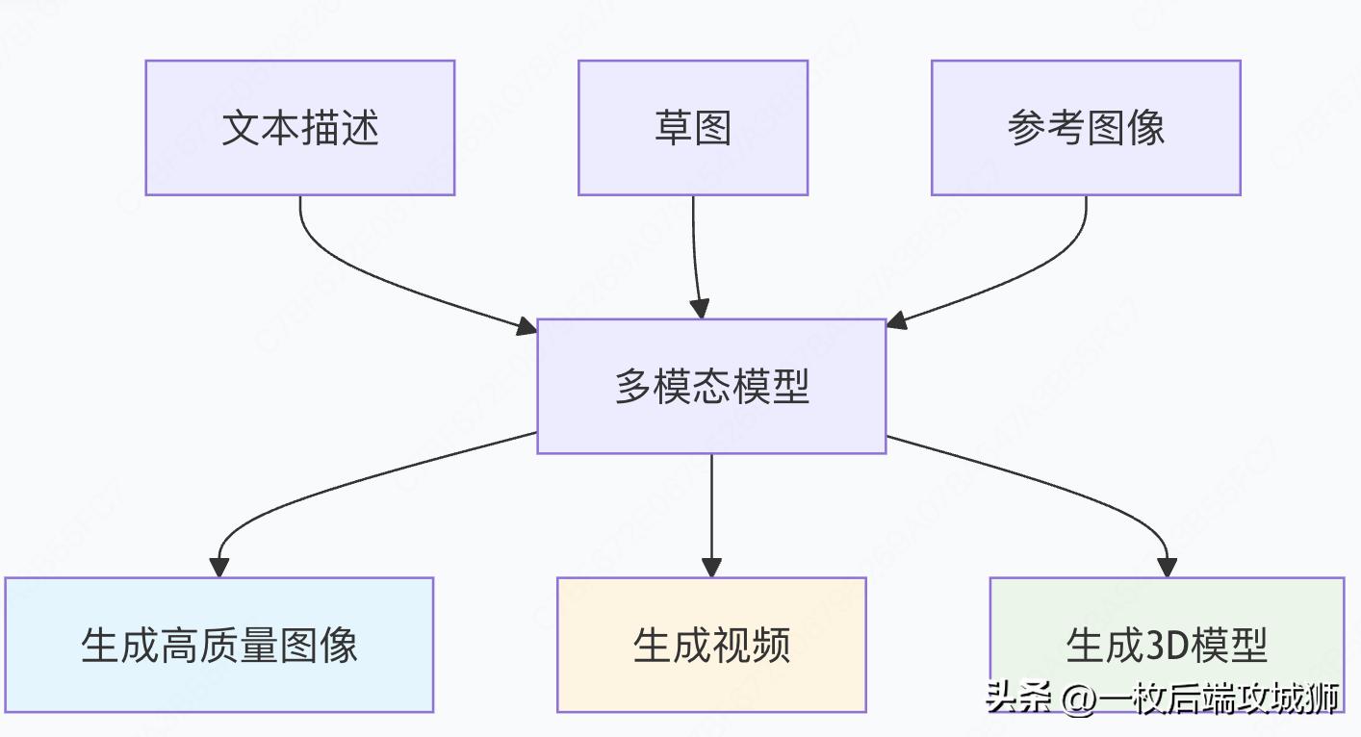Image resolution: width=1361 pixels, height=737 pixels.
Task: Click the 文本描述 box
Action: (299, 128)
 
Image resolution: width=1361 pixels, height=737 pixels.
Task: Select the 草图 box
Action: (692, 128)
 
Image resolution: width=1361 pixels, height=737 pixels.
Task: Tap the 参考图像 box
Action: (1085, 128)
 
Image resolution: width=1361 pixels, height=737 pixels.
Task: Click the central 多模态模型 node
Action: (710, 386)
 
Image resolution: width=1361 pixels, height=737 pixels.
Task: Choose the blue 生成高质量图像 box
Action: (218, 645)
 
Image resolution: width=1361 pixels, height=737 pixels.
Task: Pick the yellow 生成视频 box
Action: (710, 645)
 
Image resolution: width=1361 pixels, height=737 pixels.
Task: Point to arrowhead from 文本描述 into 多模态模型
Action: (527, 327)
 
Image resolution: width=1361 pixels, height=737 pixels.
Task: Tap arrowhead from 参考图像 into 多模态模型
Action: (896, 321)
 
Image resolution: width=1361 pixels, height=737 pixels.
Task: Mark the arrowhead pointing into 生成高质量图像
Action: (219, 568)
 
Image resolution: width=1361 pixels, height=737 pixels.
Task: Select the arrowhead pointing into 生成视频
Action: (711, 568)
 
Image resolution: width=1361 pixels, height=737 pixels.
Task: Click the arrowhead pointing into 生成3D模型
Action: (1167, 568)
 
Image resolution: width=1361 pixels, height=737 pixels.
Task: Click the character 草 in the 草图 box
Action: (673, 128)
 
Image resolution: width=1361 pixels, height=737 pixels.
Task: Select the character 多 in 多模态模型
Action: (633, 386)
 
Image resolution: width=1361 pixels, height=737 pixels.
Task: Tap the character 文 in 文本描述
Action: (241, 128)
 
